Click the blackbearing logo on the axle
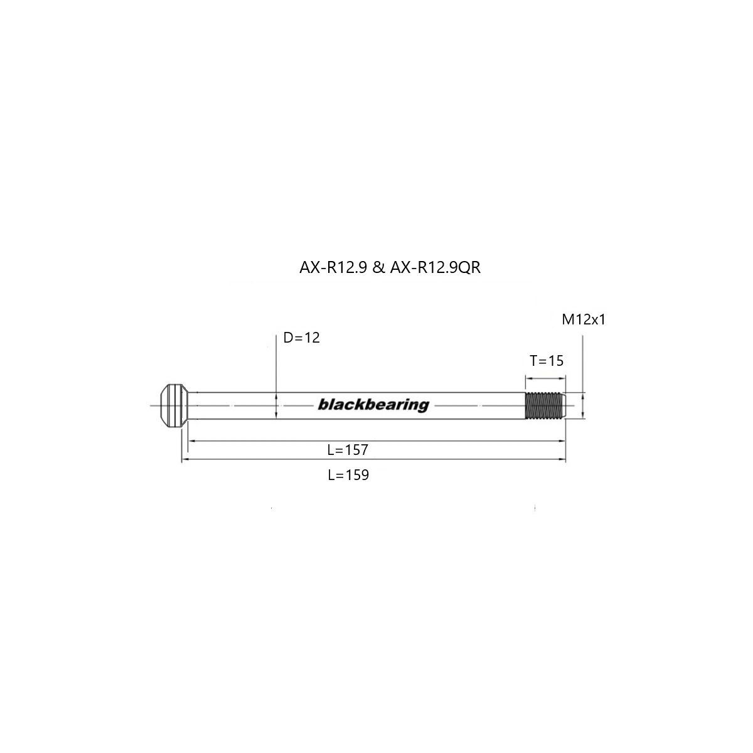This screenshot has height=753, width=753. (x=373, y=405)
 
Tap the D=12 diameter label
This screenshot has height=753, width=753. (x=301, y=338)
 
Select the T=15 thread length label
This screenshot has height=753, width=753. (x=547, y=361)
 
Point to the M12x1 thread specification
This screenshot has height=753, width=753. (x=584, y=320)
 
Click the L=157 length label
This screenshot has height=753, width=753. (x=347, y=450)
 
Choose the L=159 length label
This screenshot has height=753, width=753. (x=348, y=475)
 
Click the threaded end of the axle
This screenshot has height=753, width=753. (x=544, y=405)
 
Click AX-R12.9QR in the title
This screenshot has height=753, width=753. (x=435, y=268)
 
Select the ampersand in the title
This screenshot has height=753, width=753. (x=378, y=268)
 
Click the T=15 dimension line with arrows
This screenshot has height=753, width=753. (x=545, y=378)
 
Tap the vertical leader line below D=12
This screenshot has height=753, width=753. (x=276, y=364)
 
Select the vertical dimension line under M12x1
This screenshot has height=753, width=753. (x=584, y=364)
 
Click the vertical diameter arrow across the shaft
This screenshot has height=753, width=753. (x=276, y=405)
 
